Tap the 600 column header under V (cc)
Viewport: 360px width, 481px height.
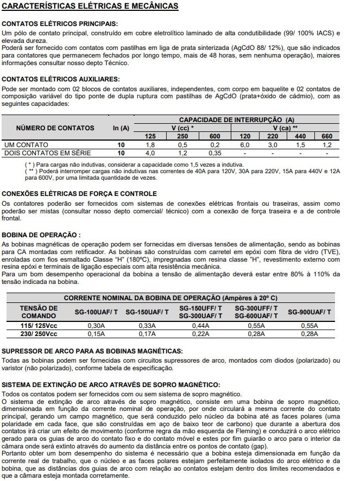click(215, 136)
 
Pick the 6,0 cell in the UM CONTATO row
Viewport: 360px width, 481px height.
click(245, 145)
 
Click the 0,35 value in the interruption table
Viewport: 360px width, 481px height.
click(215, 153)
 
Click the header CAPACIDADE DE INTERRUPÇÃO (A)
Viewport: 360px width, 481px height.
click(237, 119)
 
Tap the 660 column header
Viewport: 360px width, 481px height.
click(327, 136)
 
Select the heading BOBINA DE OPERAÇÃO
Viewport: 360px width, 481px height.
click(41, 235)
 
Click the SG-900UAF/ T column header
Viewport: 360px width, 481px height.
click(308, 312)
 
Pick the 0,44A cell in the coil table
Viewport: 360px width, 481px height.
click(200, 325)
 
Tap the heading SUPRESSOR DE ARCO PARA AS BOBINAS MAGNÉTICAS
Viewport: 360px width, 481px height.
click(92, 351)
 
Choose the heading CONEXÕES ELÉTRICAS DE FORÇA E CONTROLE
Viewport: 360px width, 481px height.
click(79, 194)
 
